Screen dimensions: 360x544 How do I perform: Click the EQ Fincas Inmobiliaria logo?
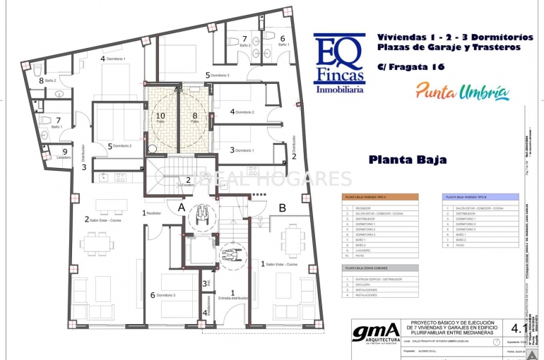339,64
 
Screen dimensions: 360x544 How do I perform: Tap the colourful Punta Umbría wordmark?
462,91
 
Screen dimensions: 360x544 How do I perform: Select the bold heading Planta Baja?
408,160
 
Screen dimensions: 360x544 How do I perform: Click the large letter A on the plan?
182,208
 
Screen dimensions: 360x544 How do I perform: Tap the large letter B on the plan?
282,208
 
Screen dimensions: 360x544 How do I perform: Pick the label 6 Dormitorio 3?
163,295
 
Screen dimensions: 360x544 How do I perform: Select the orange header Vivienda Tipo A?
379,197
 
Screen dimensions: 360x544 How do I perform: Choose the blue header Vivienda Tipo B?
480,197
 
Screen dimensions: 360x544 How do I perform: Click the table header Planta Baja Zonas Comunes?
379,268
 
